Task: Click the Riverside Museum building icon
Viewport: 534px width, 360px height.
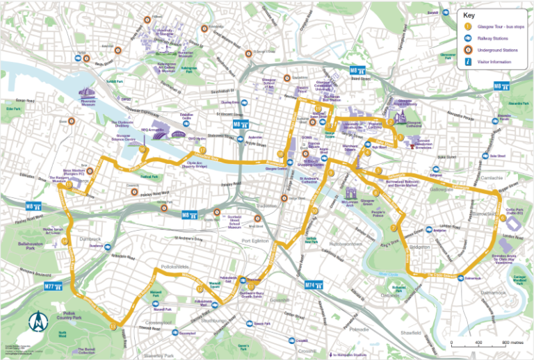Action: [x=87, y=94]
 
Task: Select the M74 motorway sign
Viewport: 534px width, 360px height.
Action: [x=314, y=284]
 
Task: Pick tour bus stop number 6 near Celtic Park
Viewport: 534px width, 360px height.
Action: [x=502, y=218]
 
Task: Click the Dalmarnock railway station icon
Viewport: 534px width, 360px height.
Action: [x=460, y=278]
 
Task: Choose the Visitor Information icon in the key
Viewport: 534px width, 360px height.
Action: [x=467, y=62]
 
